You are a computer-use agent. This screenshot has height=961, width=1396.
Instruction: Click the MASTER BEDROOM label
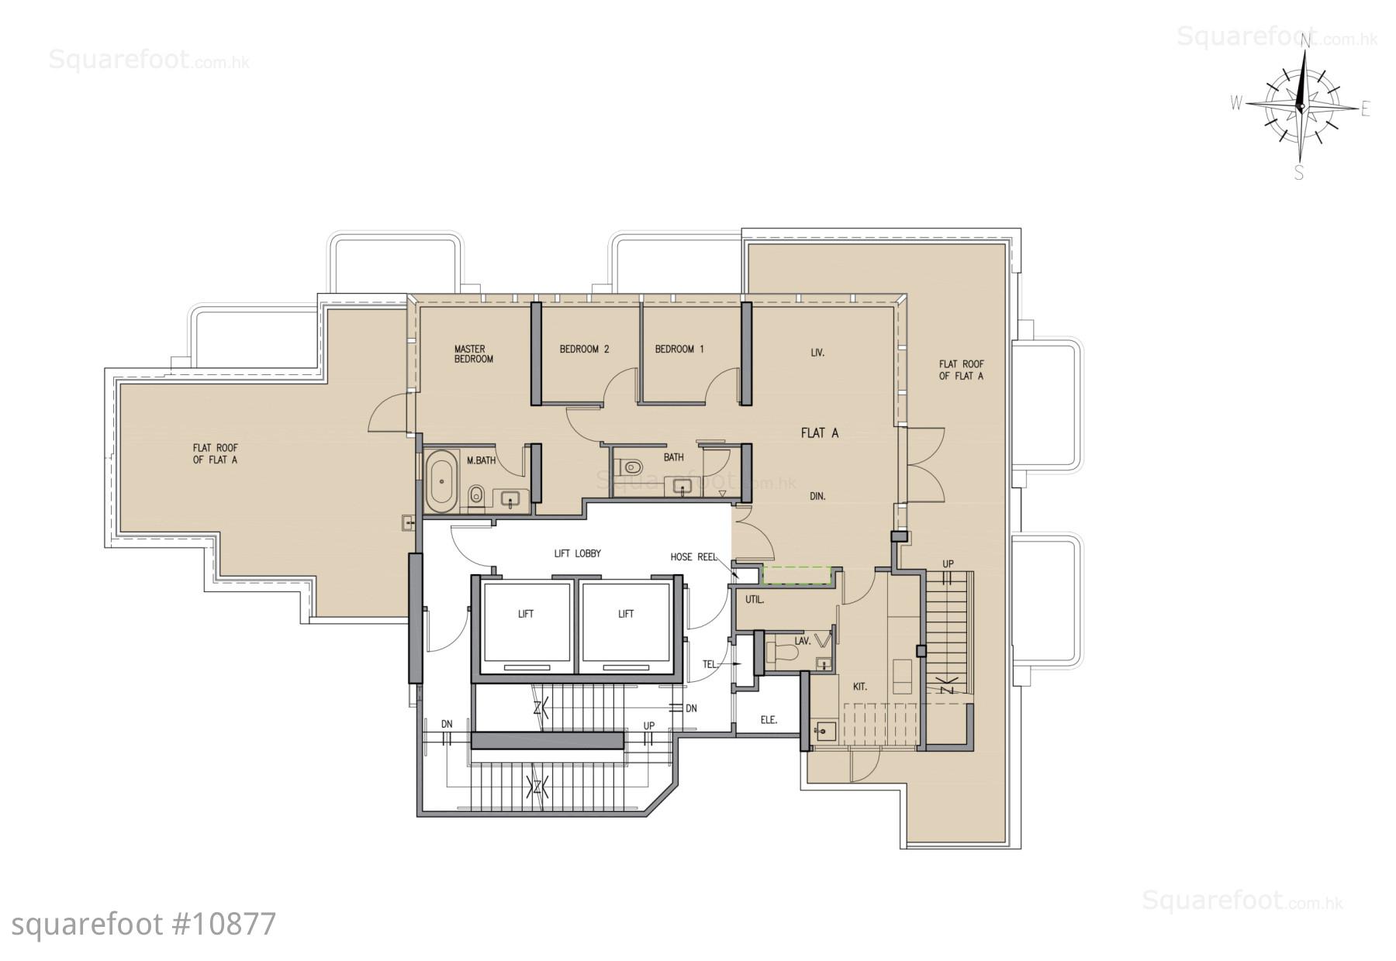(474, 354)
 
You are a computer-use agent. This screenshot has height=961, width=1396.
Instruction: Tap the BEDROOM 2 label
(584, 350)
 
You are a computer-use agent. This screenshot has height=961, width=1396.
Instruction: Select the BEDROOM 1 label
(679, 350)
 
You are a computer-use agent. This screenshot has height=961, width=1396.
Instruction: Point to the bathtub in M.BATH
(441, 480)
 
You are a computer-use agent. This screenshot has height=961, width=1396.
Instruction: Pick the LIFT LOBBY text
(577, 553)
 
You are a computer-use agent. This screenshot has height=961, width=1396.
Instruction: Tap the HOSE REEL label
(693, 557)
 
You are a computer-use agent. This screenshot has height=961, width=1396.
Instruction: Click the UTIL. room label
(755, 600)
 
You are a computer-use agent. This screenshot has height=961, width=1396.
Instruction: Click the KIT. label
(859, 687)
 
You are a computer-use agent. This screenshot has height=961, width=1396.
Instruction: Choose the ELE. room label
(769, 720)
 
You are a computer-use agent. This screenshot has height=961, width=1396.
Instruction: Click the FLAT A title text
(820, 433)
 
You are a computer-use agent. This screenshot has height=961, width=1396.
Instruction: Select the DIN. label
(817, 497)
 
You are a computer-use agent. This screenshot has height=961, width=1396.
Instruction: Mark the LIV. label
(817, 353)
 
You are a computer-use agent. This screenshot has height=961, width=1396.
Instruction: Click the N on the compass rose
(1305, 40)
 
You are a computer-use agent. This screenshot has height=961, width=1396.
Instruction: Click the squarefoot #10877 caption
(144, 925)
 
